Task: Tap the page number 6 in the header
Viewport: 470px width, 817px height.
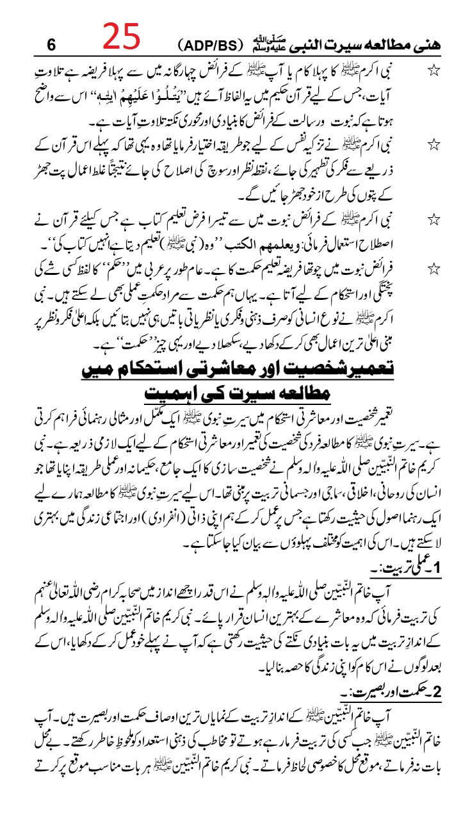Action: pyautogui.click(x=52, y=45)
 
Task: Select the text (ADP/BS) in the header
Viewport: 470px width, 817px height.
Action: pyautogui.click(x=210, y=46)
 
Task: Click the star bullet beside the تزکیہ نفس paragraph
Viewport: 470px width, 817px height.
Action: pyautogui.click(x=435, y=149)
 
